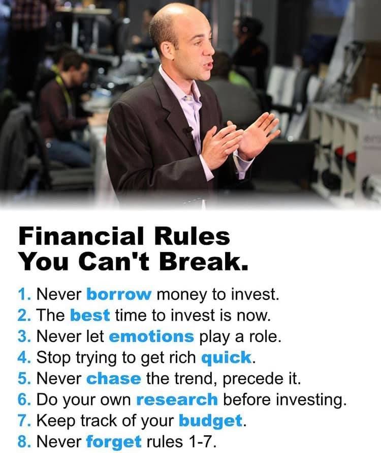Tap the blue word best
[x=89, y=315]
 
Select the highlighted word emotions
[x=151, y=336]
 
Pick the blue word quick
[x=226, y=357]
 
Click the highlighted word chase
[x=113, y=378]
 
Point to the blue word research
[x=177, y=400]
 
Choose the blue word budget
[x=210, y=421]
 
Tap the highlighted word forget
[x=114, y=442]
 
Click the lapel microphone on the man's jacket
[x=187, y=131]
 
